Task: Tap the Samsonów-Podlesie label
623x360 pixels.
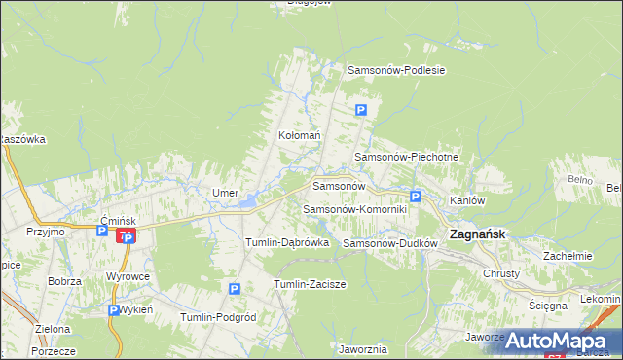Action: (396, 70)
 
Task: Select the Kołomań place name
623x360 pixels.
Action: (299, 136)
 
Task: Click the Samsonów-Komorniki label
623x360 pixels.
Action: (354, 209)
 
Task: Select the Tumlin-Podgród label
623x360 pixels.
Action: (218, 317)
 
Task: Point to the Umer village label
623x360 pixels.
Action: (226, 194)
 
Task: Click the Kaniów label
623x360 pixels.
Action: (467, 200)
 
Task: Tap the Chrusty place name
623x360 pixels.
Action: (501, 273)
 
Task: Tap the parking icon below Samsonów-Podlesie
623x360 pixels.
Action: (361, 110)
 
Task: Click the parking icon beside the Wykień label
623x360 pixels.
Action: (112, 310)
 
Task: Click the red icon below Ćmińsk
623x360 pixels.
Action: (126, 236)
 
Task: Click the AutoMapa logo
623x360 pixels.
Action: (559, 340)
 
